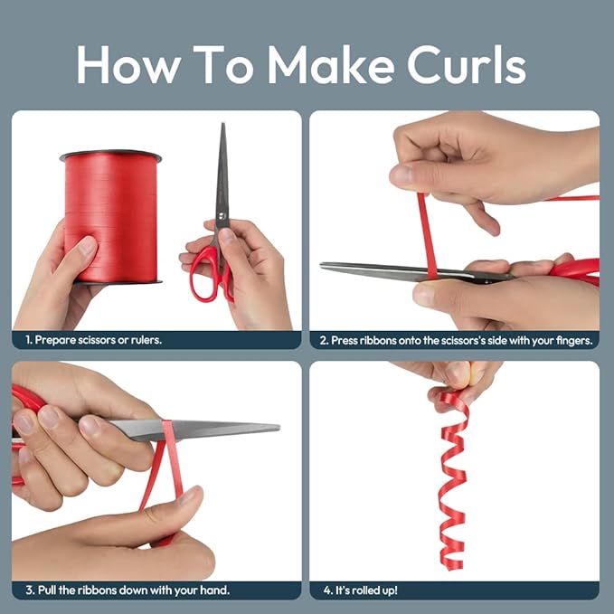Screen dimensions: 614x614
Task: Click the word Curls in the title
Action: (467, 65)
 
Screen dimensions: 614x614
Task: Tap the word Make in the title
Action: (331, 64)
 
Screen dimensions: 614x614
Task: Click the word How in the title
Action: (128, 64)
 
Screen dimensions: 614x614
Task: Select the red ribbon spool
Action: (111, 216)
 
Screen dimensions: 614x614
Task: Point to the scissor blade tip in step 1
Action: (223, 124)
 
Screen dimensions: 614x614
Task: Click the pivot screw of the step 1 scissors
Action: (222, 215)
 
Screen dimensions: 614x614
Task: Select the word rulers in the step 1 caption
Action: (146, 339)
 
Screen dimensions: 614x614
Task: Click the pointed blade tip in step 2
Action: (322, 266)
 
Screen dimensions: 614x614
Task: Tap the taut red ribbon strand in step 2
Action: (427, 236)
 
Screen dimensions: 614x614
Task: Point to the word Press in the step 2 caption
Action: (345, 340)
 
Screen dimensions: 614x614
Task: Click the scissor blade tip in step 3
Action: (278, 427)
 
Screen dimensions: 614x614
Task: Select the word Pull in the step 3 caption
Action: (47, 590)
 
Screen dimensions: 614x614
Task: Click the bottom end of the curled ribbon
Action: (457, 566)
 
